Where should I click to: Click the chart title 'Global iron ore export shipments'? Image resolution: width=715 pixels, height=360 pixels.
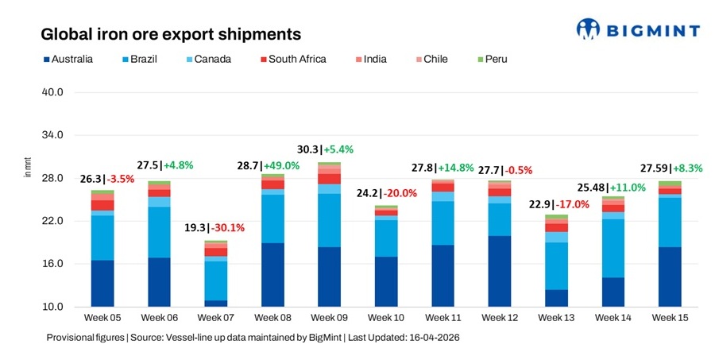[171, 34]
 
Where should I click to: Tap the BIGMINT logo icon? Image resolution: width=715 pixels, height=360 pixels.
[589, 29]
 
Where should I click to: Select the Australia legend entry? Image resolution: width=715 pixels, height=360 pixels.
[67, 59]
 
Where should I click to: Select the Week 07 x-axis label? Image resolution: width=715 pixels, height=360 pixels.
[215, 318]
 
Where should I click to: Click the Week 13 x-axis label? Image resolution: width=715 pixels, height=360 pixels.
[555, 318]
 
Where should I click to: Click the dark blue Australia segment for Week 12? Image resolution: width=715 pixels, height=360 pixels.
[499, 271]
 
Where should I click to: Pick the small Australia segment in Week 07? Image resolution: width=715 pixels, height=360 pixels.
[215, 303]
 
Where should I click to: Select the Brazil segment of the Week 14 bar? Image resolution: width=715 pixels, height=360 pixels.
[613, 248]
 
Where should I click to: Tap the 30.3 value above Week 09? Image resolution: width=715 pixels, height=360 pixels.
[308, 149]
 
